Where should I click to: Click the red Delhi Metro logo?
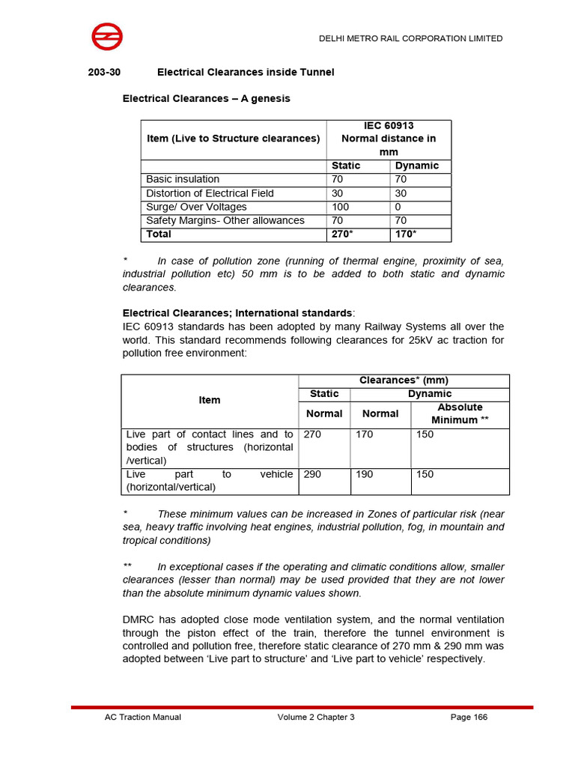click(107, 37)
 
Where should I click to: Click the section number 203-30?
click(104, 72)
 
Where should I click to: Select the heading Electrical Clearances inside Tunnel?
click(245, 72)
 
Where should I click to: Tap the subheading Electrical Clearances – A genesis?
click(206, 98)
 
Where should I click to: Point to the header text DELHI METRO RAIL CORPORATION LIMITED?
click(411, 38)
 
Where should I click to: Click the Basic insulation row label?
click(183, 179)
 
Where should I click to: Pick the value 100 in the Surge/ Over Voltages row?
click(340, 207)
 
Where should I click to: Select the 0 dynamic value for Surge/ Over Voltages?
click(398, 207)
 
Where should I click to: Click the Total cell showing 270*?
click(341, 234)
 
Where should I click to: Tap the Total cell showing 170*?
click(406, 234)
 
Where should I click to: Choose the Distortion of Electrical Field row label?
click(210, 193)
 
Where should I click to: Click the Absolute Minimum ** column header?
click(460, 413)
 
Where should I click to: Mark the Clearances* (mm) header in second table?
click(404, 381)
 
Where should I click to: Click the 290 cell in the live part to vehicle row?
click(313, 475)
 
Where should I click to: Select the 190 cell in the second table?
click(365, 475)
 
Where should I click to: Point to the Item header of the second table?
click(210, 400)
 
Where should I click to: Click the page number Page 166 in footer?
click(469, 717)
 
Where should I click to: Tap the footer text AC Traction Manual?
click(142, 717)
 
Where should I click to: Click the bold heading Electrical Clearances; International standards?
click(237, 312)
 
